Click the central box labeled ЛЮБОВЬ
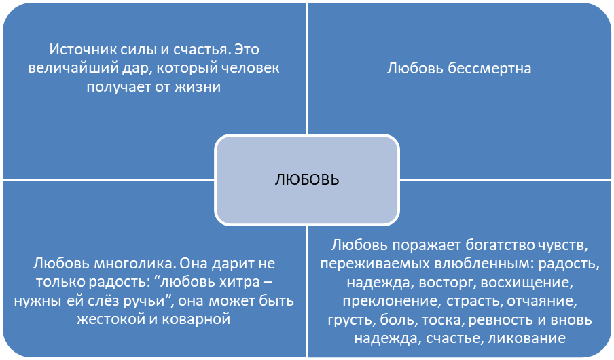tap(307, 180)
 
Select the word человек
tap(251, 68)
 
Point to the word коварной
tap(196, 319)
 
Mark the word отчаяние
tap(542, 301)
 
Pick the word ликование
tap(526, 338)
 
